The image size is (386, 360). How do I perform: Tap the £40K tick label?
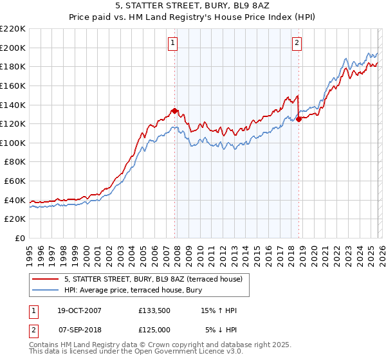point(15,200)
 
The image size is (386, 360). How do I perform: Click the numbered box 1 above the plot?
point(174,43)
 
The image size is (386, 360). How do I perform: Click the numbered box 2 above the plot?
point(297,43)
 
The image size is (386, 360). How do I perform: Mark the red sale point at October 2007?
point(174,111)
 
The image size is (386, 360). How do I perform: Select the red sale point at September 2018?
point(298,119)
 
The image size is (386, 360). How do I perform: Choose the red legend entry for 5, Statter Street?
point(153,279)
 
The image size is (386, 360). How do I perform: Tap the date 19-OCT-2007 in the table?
point(79,310)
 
